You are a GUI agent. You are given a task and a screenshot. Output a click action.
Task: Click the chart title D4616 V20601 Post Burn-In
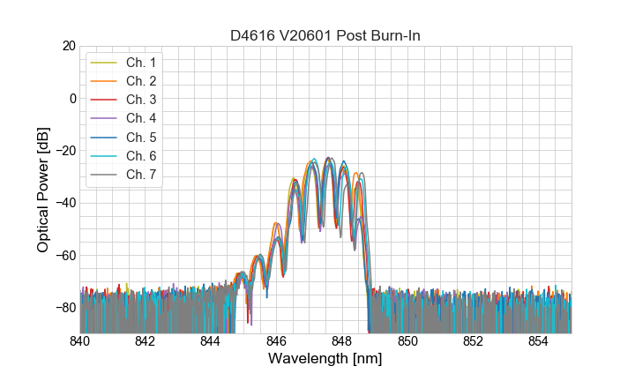coord(325,35)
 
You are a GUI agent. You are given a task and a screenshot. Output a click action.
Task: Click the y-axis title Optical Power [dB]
coord(43,189)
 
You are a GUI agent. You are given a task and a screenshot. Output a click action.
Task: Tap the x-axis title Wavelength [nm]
coord(325,360)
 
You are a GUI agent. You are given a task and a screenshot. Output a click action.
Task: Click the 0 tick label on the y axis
coord(72,98)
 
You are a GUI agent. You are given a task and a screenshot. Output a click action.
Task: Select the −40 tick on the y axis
coord(65,203)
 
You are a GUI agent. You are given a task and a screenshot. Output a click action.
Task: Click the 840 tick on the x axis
coord(80,341)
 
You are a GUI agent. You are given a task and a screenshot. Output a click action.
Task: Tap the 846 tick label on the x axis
coord(276,341)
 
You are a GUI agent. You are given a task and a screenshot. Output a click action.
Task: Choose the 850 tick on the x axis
coord(407,341)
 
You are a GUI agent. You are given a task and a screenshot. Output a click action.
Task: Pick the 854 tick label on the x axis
coord(538,341)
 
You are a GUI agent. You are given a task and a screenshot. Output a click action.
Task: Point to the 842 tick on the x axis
coord(146,341)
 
